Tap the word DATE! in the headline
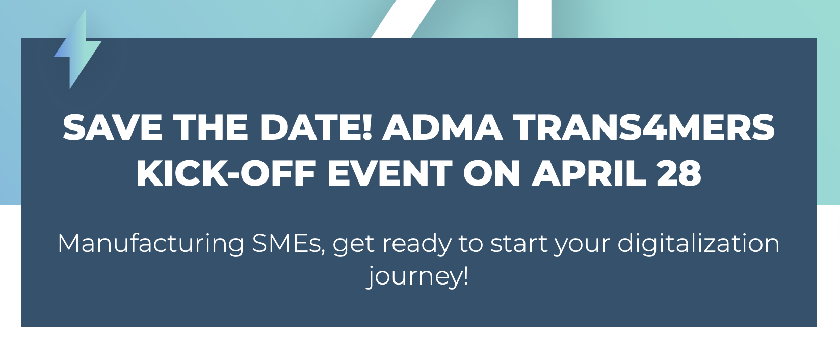pos(316,127)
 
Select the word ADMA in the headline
pos(442,127)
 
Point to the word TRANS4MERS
pos(644,127)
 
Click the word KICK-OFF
pos(226,173)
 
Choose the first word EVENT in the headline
pos(390,173)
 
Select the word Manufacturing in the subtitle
pos(151,243)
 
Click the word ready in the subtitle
pos(417,244)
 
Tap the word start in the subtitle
pos(518,244)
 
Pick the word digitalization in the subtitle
pos(699,243)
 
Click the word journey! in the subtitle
pos(417,277)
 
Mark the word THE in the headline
pos(211,127)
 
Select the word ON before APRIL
pos(492,173)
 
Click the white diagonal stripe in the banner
pos(404,19)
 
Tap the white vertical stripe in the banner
pos(535,19)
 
